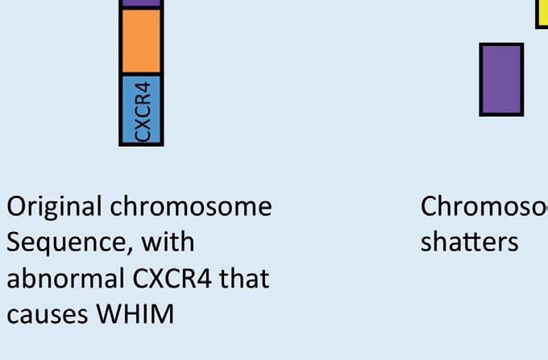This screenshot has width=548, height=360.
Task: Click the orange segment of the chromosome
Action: tap(141, 40)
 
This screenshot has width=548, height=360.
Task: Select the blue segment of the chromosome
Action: tap(141, 109)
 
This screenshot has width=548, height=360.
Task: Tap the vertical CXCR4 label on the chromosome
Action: tap(143, 110)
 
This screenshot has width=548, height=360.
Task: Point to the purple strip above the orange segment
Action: tap(141, 3)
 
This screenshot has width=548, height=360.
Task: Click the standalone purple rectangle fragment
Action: tap(501, 79)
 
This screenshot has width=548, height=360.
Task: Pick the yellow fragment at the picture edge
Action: tap(542, 13)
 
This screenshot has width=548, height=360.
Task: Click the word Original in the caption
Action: tap(54, 207)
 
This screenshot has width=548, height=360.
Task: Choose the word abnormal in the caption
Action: tap(60, 278)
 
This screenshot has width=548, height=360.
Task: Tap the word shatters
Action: tap(469, 242)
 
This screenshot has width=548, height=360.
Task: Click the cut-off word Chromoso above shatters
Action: tap(484, 207)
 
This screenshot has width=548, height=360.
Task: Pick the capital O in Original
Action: tap(16, 207)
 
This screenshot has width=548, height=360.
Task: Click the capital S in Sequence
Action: tap(14, 242)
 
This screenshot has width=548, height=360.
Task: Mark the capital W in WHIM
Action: tap(110, 313)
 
